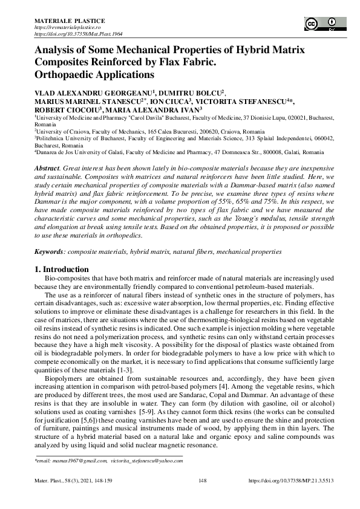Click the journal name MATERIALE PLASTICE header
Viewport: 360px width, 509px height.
point(69,21)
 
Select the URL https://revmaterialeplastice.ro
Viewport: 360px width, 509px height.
point(71,28)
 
